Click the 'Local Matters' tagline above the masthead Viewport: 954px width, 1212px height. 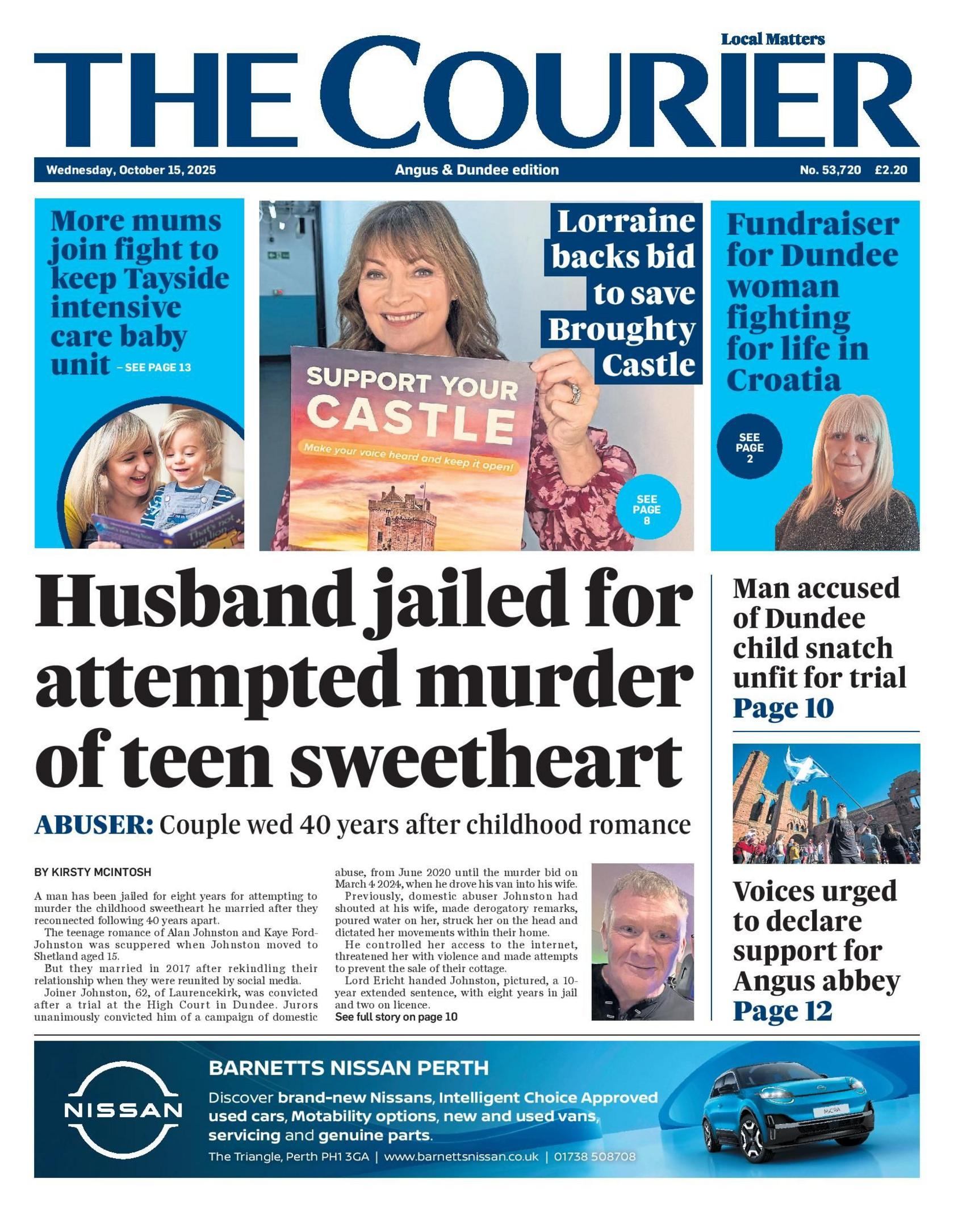click(772, 39)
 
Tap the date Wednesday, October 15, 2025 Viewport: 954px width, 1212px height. click(131, 170)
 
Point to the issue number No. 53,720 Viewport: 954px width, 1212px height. click(830, 170)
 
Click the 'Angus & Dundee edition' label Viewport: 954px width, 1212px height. click(476, 170)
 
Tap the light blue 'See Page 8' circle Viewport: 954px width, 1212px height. click(647, 508)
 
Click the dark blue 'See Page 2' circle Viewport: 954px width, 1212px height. click(750, 447)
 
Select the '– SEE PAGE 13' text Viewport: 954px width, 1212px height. click(154, 367)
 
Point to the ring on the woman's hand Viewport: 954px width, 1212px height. click(575, 393)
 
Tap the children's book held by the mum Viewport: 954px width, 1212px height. click(170, 525)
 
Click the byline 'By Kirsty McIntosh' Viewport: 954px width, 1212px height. click(93, 872)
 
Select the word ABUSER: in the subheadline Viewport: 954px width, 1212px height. click(94, 824)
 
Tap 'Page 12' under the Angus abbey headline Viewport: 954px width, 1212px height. click(783, 1011)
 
